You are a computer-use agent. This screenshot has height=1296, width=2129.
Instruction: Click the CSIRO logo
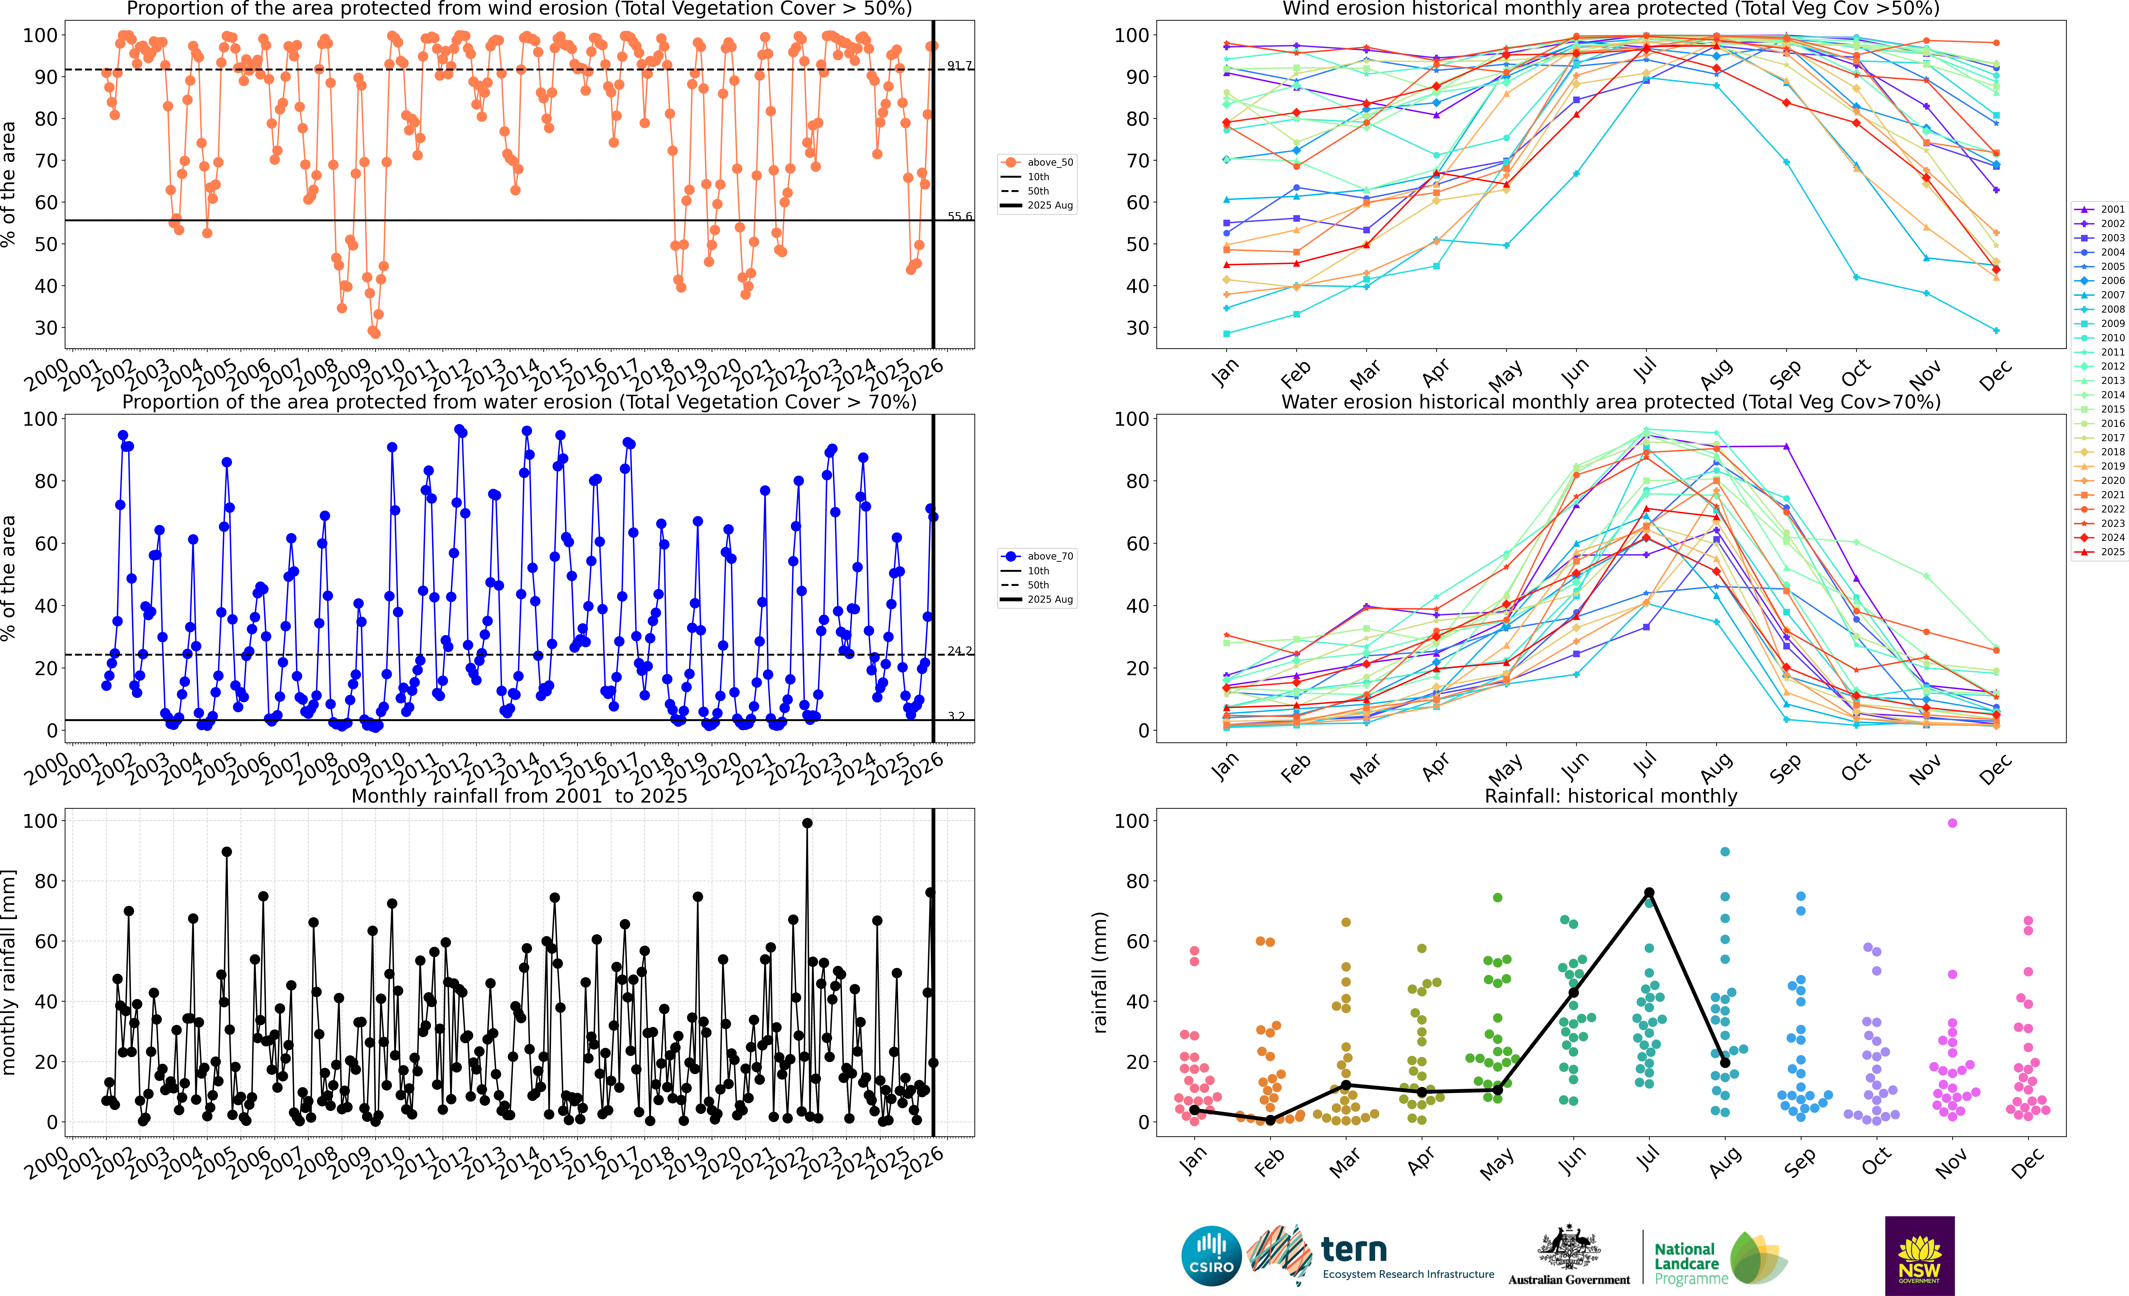pyautogui.click(x=1211, y=1255)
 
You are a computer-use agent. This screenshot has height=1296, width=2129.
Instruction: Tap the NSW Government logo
pyautogui.click(x=1919, y=1255)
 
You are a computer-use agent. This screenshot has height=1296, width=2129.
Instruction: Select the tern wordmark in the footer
pyautogui.click(x=1354, y=1249)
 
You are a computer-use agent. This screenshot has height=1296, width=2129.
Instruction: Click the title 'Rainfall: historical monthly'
pyautogui.click(x=1611, y=796)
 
